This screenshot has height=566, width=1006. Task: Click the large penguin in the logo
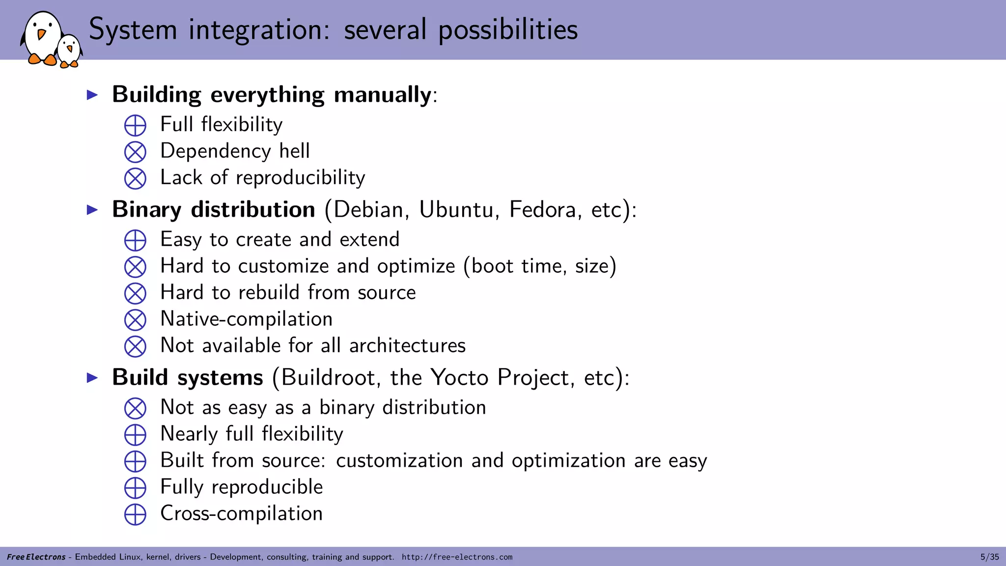tap(42, 37)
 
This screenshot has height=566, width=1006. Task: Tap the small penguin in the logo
tap(69, 51)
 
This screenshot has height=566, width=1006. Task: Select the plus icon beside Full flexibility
tap(135, 125)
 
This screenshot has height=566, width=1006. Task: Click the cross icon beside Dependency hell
tap(135, 152)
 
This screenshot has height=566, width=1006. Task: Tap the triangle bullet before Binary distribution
tap(92, 210)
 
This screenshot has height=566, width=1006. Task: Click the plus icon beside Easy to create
tap(135, 240)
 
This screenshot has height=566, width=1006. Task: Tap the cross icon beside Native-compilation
tap(135, 320)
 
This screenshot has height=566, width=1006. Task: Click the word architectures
tap(407, 346)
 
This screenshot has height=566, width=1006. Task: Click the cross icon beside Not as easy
tap(135, 408)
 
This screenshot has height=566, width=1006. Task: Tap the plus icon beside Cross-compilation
tap(135, 514)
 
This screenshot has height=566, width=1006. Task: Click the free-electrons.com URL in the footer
tap(457, 557)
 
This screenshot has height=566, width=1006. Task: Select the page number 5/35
tap(989, 557)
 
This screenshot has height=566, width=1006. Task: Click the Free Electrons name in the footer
tap(36, 557)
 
